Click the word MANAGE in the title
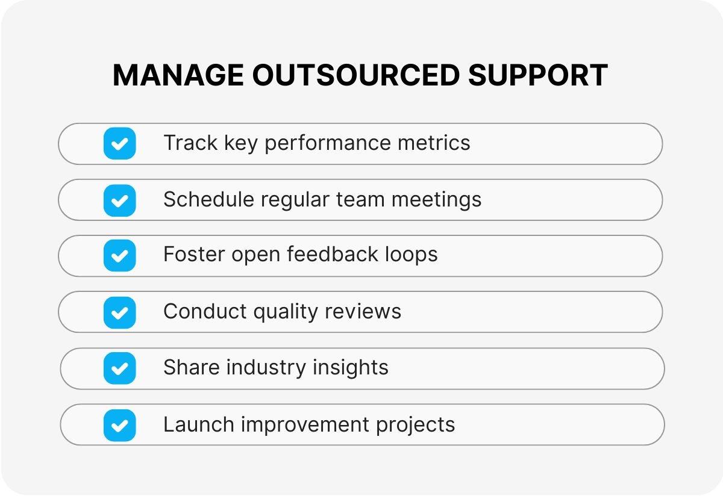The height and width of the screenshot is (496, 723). coord(178,76)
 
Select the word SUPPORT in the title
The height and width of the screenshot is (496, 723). coord(538,76)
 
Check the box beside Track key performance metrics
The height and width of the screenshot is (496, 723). coord(119,144)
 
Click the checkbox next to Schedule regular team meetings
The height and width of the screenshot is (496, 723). coord(119,200)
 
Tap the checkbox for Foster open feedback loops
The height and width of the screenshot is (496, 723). coord(119,256)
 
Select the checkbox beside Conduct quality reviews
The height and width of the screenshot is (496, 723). coord(119,312)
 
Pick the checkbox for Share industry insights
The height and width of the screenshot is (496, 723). coord(119,368)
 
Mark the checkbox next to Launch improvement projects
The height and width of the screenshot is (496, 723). coord(119,425)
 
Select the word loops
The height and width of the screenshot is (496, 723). coord(412,255)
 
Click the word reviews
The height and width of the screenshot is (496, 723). coord(363,311)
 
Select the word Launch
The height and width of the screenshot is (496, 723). coord(198,424)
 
